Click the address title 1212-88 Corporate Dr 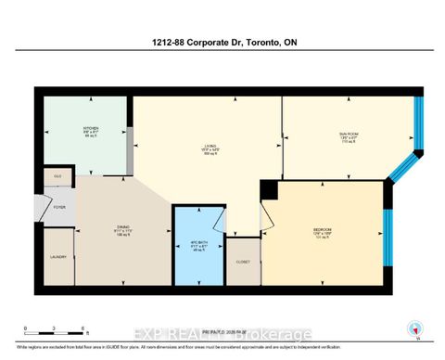click(222, 42)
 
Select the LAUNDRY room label click(55, 258)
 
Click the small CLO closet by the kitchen click(57, 174)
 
